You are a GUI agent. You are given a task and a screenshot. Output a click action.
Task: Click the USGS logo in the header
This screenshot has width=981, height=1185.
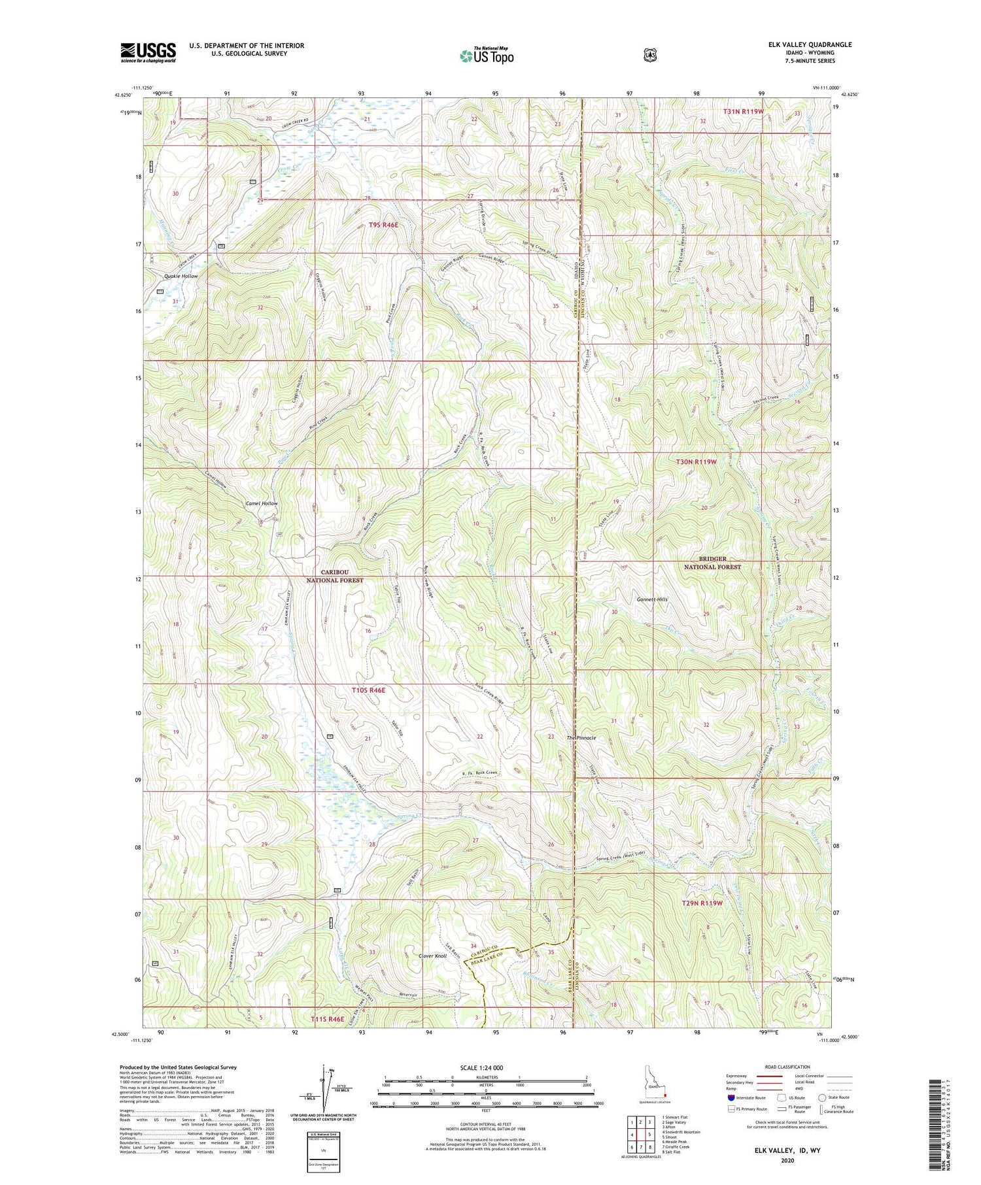pos(148,52)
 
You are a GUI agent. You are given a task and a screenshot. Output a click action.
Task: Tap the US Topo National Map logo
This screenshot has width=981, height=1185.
pos(487,55)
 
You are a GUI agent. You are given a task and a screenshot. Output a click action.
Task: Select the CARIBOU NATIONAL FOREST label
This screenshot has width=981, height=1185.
pos(335,576)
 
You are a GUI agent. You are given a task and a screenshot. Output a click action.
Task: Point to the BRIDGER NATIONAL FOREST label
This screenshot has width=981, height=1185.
pos(712,563)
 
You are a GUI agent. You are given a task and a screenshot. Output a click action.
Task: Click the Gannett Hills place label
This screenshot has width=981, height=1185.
pos(652,599)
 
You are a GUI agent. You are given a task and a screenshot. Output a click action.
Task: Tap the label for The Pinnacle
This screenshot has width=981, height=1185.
pos(581,737)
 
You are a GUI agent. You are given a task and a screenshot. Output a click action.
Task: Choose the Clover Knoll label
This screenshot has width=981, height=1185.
pos(432,956)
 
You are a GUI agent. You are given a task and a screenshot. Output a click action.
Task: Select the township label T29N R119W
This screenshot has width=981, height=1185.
pos(702,903)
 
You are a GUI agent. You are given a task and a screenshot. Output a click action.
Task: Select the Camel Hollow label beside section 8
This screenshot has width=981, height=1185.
pos(262,504)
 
